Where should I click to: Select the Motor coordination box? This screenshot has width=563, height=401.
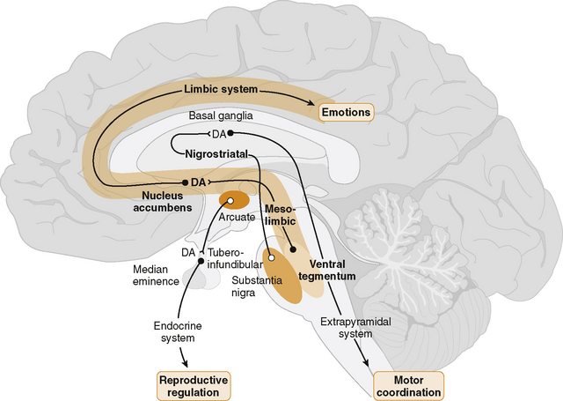coord(408,385)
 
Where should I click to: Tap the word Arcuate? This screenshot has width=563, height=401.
coord(238,217)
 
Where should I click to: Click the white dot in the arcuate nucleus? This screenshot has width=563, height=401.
coord(230,202)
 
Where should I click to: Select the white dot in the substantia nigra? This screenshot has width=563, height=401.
coord(272,257)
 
